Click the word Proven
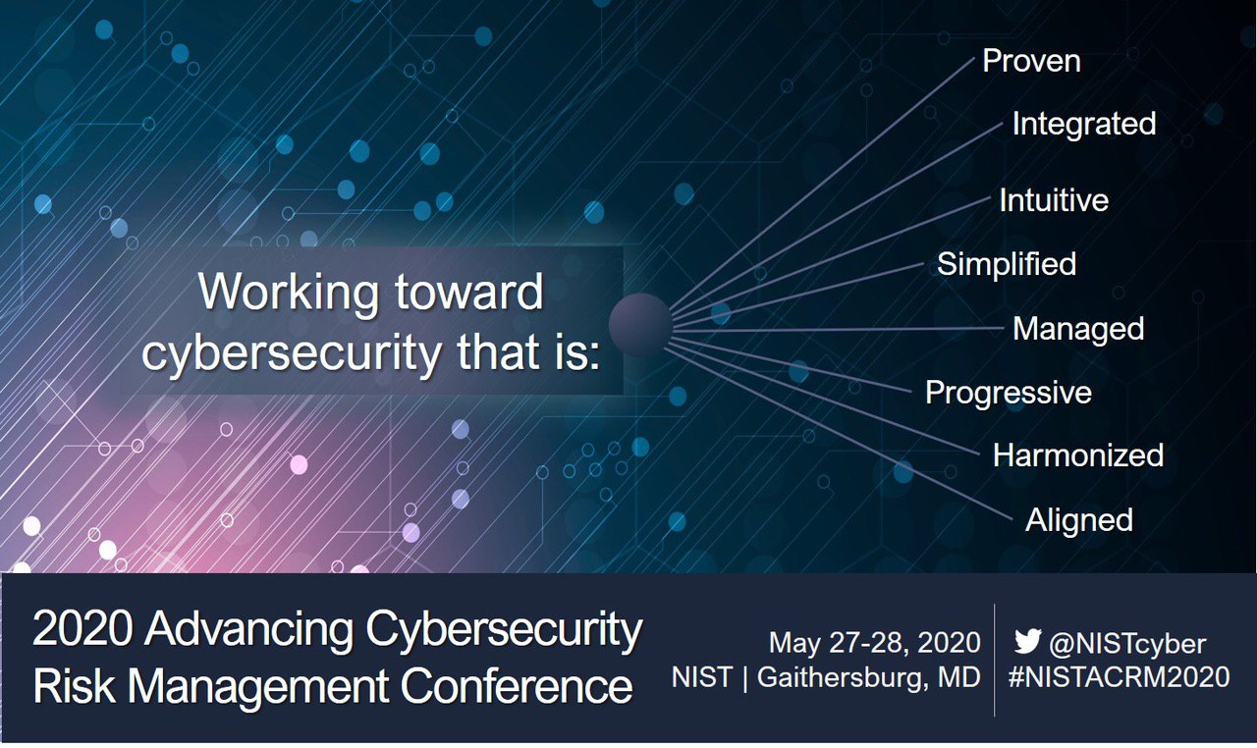pos(1031,61)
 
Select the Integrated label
pos(1084,124)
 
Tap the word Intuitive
pos(1054,200)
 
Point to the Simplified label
pos(1007,264)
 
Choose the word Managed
pos(1078,329)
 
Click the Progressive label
pos(1009,393)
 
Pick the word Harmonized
pos(1078,454)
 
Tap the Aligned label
pos(1079,520)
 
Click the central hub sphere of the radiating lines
pos(640,325)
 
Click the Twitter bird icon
pos(1028,641)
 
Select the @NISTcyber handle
pos(1127,644)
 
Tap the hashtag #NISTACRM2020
pos(1119,676)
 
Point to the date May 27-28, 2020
pos(875,643)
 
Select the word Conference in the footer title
pos(517,686)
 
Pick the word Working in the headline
pos(289,293)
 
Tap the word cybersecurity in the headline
pos(292,354)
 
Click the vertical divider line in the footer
pos(995,660)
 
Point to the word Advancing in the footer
pos(249,630)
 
